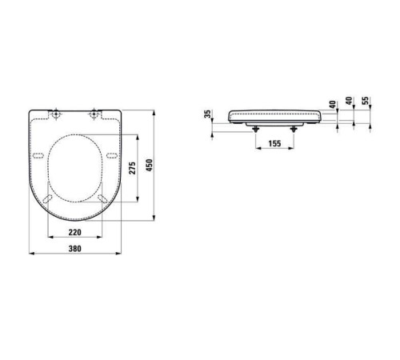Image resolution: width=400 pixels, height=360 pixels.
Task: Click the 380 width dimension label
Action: click(75, 249)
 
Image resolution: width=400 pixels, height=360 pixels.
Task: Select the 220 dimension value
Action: click(75, 232)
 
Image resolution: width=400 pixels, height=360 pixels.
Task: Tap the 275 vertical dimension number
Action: click(133, 168)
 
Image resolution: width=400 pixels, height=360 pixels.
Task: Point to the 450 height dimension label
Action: click(150, 165)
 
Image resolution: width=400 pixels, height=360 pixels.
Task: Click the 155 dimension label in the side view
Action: click(274, 143)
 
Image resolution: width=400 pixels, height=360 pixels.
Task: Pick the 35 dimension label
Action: click(208, 114)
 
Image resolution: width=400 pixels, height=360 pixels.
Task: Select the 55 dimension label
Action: click(366, 101)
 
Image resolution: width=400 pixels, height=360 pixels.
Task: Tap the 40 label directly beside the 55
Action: click(349, 101)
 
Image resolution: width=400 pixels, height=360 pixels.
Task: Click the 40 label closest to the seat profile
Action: click(332, 105)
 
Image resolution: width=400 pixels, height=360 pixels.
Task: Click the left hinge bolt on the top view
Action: click(56, 114)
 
